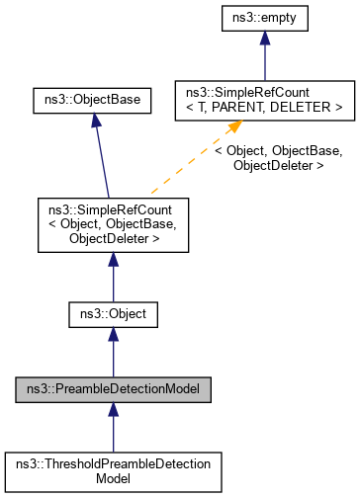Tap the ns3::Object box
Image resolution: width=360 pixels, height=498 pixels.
click(x=113, y=316)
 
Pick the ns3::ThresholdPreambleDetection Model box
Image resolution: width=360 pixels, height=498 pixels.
click(x=113, y=469)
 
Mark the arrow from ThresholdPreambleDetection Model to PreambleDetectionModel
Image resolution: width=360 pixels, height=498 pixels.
click(x=113, y=427)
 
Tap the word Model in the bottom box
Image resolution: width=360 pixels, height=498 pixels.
click(x=113, y=477)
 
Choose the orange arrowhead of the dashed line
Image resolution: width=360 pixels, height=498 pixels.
click(x=235, y=127)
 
